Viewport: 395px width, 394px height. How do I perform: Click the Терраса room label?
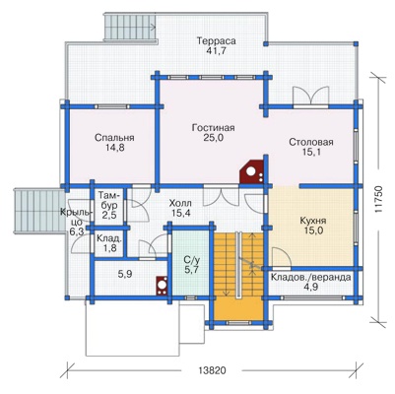(216, 41)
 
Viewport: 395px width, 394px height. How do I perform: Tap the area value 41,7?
(217, 51)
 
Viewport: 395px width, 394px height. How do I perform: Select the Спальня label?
(114, 138)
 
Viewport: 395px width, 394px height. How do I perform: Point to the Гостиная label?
(213, 127)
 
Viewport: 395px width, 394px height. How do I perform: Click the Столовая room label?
(311, 142)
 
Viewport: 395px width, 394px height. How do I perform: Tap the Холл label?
(180, 204)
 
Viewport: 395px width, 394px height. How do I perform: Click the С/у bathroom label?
(191, 261)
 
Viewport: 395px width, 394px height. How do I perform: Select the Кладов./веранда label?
(310, 278)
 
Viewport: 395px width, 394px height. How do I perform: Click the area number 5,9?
(125, 274)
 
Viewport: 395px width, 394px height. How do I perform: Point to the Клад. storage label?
(109, 238)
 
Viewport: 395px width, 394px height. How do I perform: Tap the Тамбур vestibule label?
(109, 201)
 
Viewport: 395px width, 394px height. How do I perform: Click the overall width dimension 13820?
(213, 370)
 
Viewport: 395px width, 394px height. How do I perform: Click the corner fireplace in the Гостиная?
(252, 171)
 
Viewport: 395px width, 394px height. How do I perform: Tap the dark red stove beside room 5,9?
(162, 286)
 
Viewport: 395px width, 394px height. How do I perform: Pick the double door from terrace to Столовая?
(310, 97)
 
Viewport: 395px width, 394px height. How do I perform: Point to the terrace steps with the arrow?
(130, 27)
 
